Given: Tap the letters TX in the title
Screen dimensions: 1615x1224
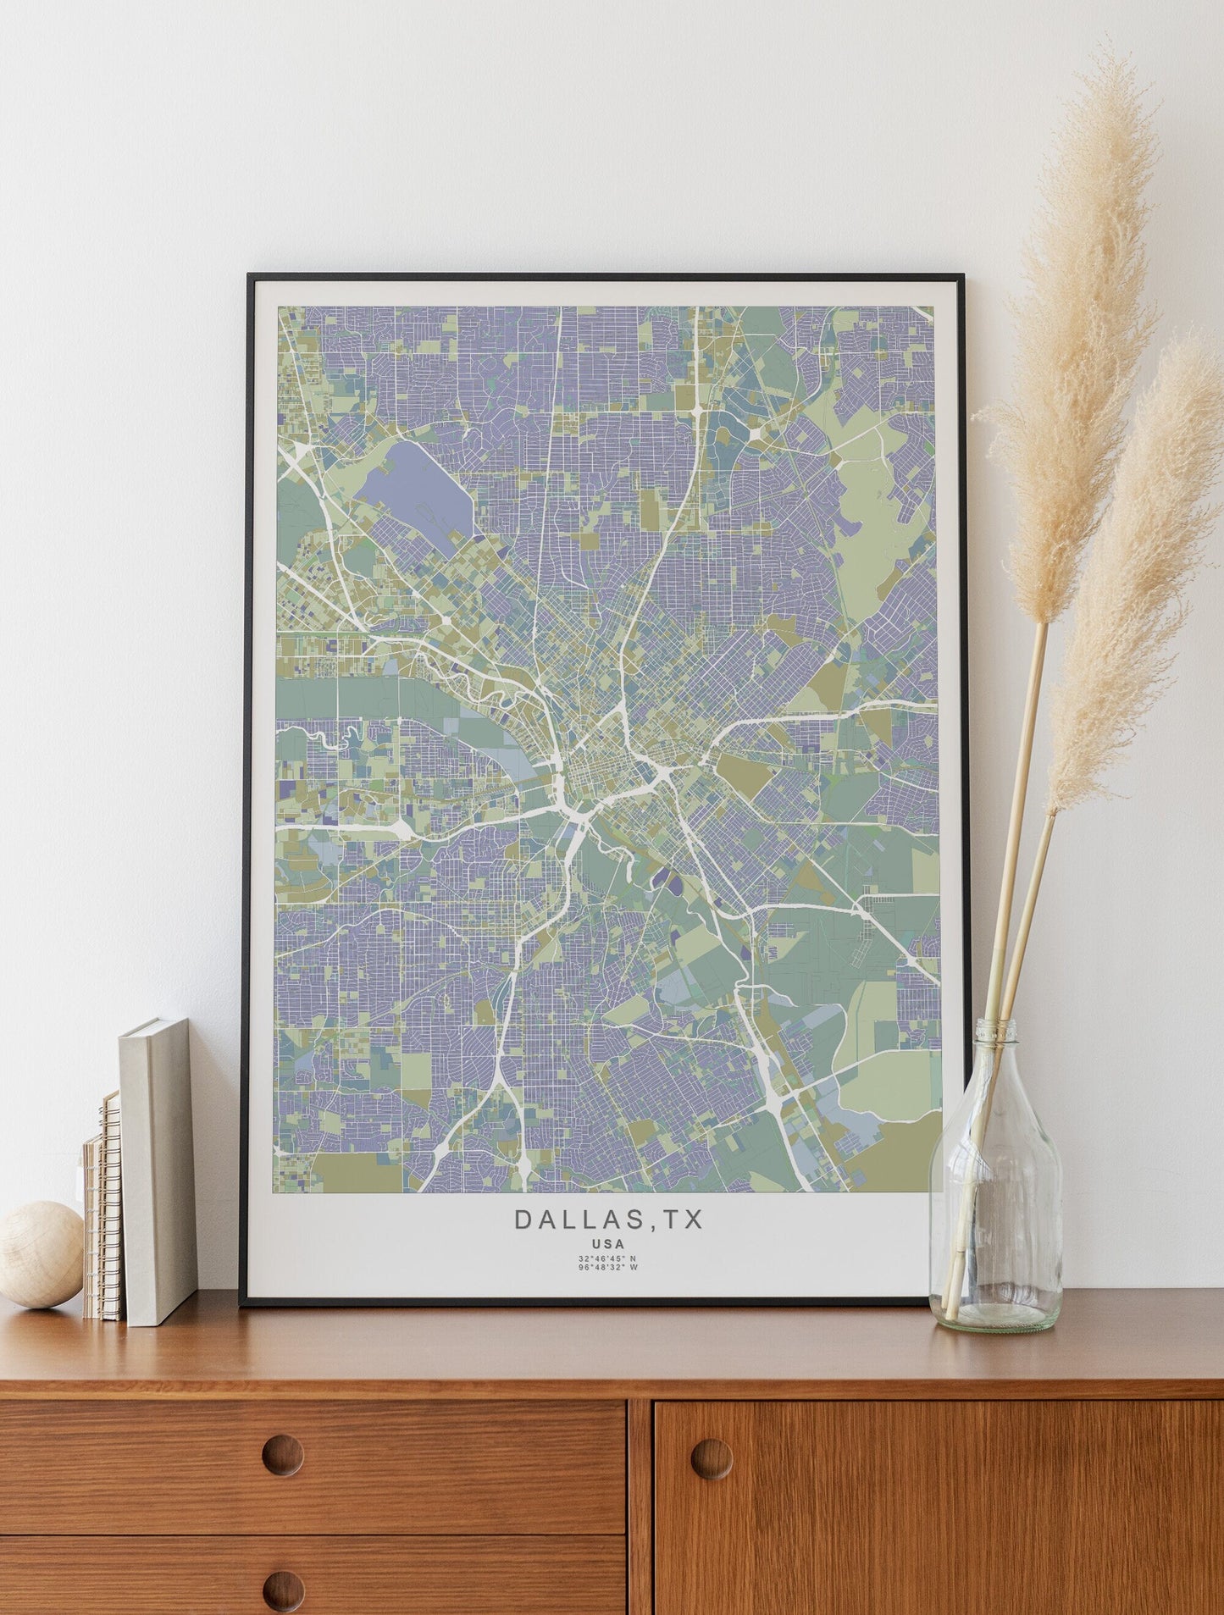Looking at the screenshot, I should [x=683, y=1219].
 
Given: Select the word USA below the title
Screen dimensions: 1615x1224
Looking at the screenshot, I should [x=608, y=1244].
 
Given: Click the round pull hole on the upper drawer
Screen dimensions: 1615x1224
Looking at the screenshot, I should [x=282, y=1455].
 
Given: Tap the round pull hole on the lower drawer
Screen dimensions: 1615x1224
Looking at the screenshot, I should [x=282, y=1590].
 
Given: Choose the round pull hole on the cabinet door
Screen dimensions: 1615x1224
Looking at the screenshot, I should [x=712, y=1458].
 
